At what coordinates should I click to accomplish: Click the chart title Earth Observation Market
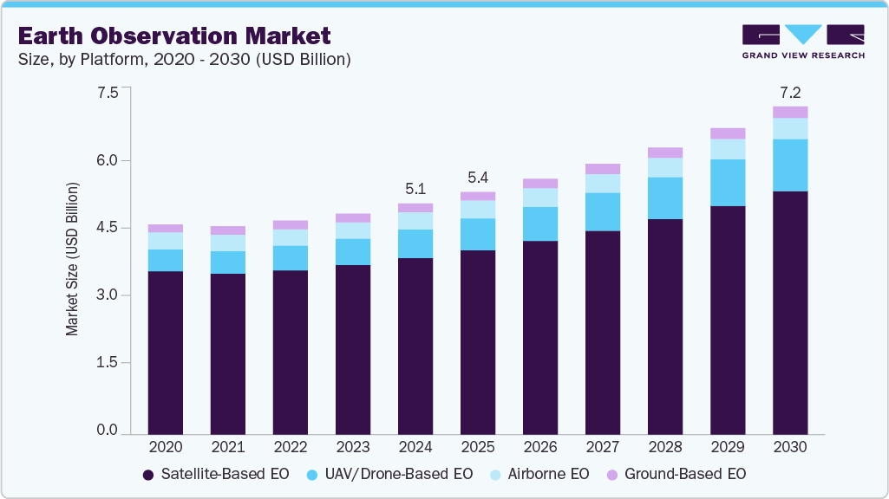coord(173,36)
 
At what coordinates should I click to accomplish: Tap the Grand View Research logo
coord(802,42)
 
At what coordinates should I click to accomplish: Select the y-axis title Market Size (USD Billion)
coord(72,260)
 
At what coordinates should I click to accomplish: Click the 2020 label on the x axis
coord(165,447)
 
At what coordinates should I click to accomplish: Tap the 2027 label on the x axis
coord(603,447)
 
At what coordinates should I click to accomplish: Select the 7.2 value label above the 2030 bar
coord(790,92)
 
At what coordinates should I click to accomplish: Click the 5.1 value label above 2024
coord(415,189)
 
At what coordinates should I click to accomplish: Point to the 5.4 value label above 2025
coord(477,178)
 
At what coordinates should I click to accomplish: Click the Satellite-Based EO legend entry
coord(203,474)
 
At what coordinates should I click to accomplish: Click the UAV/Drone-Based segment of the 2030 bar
coord(790,165)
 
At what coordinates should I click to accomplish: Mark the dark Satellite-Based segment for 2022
coord(290,351)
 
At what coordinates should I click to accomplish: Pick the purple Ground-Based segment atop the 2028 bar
coord(665,152)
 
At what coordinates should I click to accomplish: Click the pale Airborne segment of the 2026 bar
coord(540,198)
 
